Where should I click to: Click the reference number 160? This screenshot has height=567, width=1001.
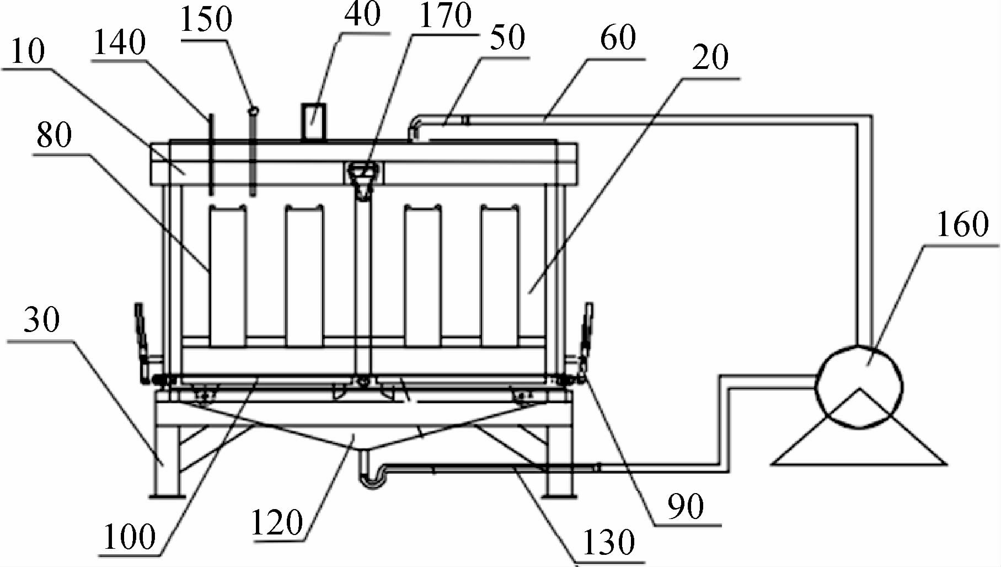[x=962, y=224]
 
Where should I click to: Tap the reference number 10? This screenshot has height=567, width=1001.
[x=27, y=52]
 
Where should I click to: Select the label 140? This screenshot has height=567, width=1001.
[x=119, y=42]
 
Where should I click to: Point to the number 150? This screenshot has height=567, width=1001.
[x=206, y=19]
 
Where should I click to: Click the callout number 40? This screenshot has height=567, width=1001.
[x=362, y=14]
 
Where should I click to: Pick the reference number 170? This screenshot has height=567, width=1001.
[x=445, y=15]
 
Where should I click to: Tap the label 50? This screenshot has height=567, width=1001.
[x=507, y=38]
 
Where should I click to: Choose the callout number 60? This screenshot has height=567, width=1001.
[x=618, y=38]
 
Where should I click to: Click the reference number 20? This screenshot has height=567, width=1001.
[x=710, y=57]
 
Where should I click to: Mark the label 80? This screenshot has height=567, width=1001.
[x=54, y=135]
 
